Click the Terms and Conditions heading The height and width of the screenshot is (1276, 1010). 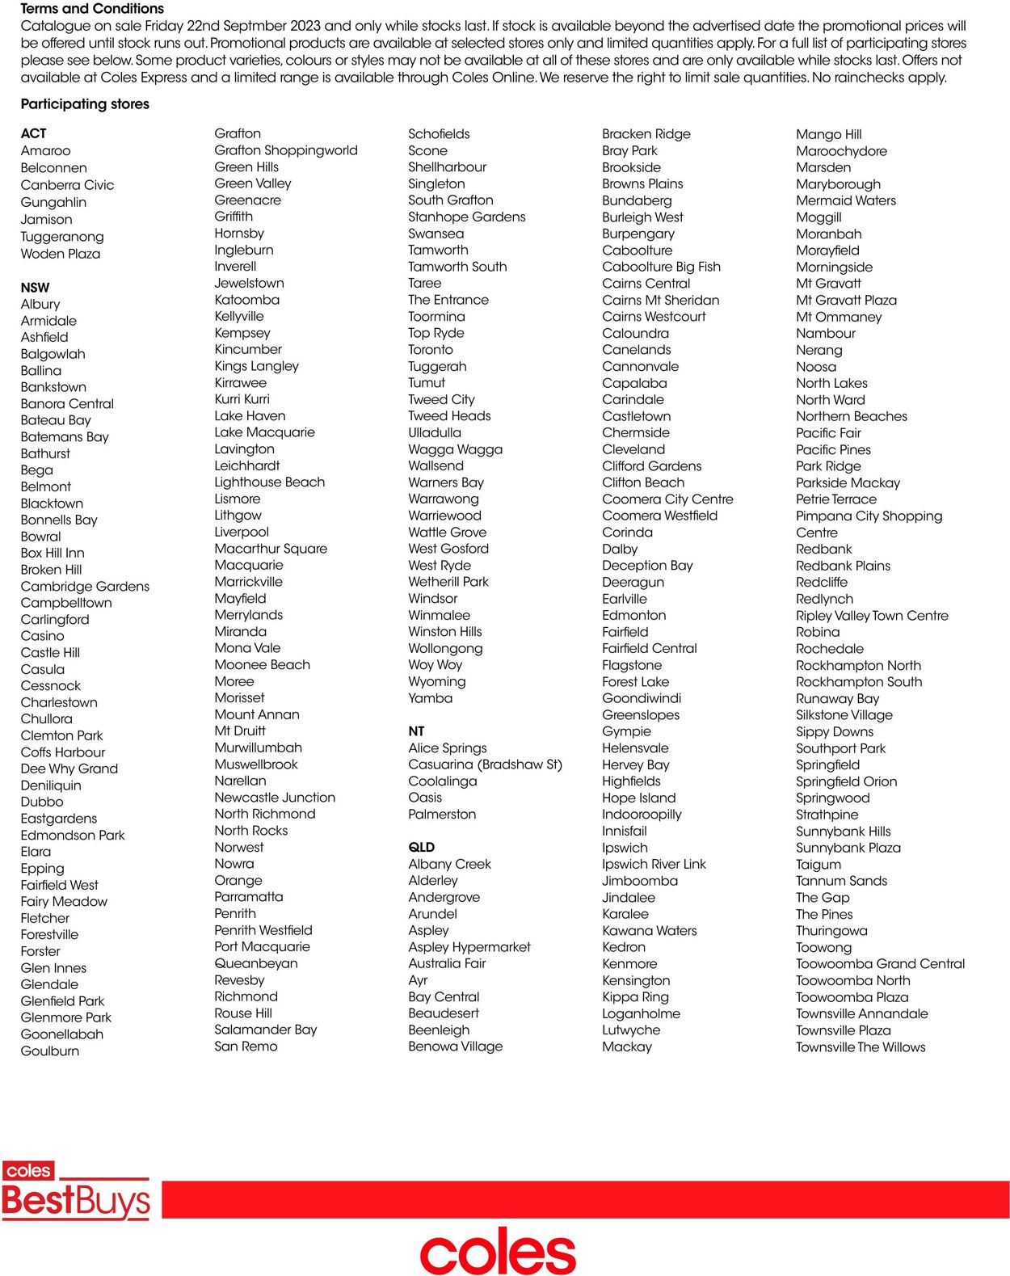92,9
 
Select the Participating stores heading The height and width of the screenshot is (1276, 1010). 85,104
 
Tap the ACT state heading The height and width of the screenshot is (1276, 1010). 34,133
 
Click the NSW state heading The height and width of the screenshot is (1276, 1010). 36,288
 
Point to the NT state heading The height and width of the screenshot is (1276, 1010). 416,731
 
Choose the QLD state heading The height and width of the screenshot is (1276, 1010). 422,847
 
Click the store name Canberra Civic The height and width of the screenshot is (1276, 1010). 67,185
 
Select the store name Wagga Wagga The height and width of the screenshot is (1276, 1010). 455,449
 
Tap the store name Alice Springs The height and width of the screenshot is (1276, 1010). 448,748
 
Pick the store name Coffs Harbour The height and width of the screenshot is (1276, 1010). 63,752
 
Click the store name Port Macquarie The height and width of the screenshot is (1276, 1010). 262,946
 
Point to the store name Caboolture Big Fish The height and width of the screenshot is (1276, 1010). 661,267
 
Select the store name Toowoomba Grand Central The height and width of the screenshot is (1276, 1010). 880,964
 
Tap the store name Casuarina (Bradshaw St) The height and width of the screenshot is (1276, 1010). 485,764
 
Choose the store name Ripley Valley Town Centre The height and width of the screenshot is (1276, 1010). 872,616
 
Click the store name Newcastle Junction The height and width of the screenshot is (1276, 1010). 275,798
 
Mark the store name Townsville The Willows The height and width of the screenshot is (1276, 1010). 861,1047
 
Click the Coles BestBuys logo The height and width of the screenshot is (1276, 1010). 76,1191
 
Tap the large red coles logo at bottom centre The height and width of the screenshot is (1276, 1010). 498,1252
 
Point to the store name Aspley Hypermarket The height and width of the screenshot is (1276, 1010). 469,947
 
